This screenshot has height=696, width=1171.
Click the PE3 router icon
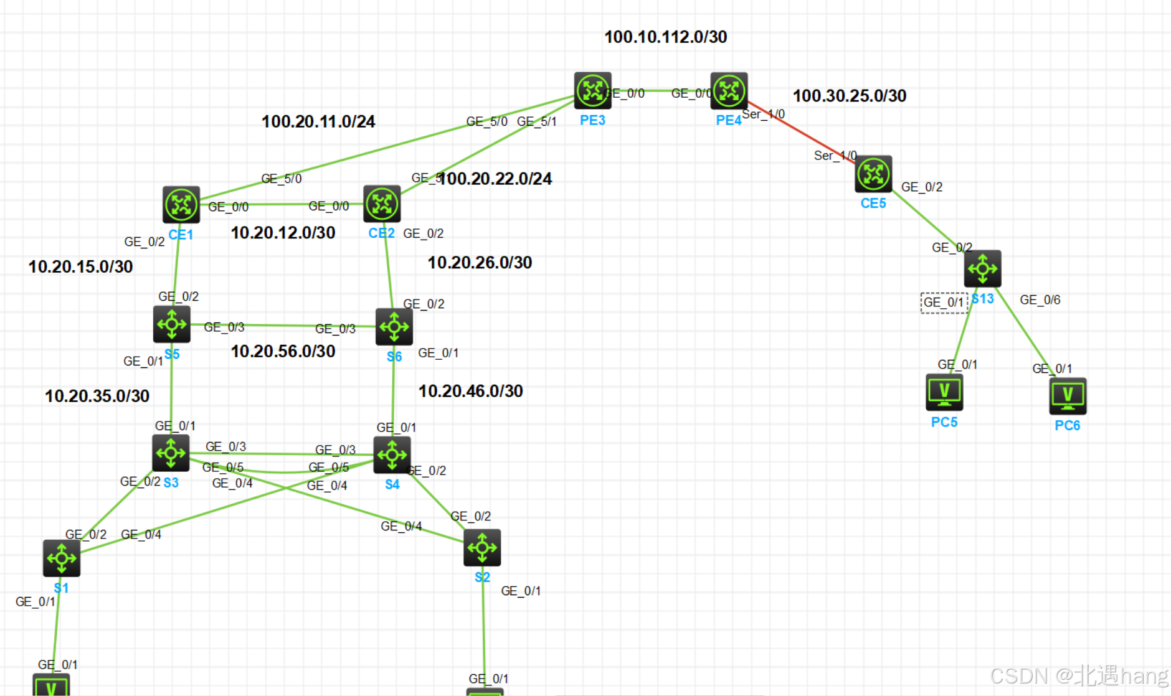pyautogui.click(x=592, y=91)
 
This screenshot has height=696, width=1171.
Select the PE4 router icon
pyautogui.click(x=729, y=91)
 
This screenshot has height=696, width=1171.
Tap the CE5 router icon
pyautogui.click(x=873, y=174)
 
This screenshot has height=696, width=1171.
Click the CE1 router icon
pyautogui.click(x=181, y=204)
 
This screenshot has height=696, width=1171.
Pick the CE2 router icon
pyautogui.click(x=382, y=204)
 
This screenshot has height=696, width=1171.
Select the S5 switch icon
pyautogui.click(x=172, y=324)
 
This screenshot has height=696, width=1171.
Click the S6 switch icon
pyautogui.click(x=394, y=327)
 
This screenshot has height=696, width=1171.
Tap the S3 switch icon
pyautogui.click(x=171, y=453)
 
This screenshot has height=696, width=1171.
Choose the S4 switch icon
pyautogui.click(x=392, y=455)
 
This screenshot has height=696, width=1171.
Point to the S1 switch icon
pyautogui.click(x=61, y=558)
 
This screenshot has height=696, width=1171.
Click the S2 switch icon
pyautogui.click(x=482, y=548)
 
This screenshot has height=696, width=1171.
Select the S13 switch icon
pyautogui.click(x=982, y=269)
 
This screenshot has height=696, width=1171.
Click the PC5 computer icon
pyautogui.click(x=944, y=392)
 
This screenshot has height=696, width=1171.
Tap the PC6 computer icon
pyautogui.click(x=1068, y=396)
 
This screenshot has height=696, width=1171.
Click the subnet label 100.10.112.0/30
pyautogui.click(x=665, y=37)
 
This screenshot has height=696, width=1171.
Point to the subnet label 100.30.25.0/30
pyautogui.click(x=849, y=96)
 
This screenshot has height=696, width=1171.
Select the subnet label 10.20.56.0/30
pyautogui.click(x=283, y=352)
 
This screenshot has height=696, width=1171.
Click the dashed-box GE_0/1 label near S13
pyautogui.click(x=944, y=303)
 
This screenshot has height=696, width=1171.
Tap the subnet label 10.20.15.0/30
pyautogui.click(x=80, y=267)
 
